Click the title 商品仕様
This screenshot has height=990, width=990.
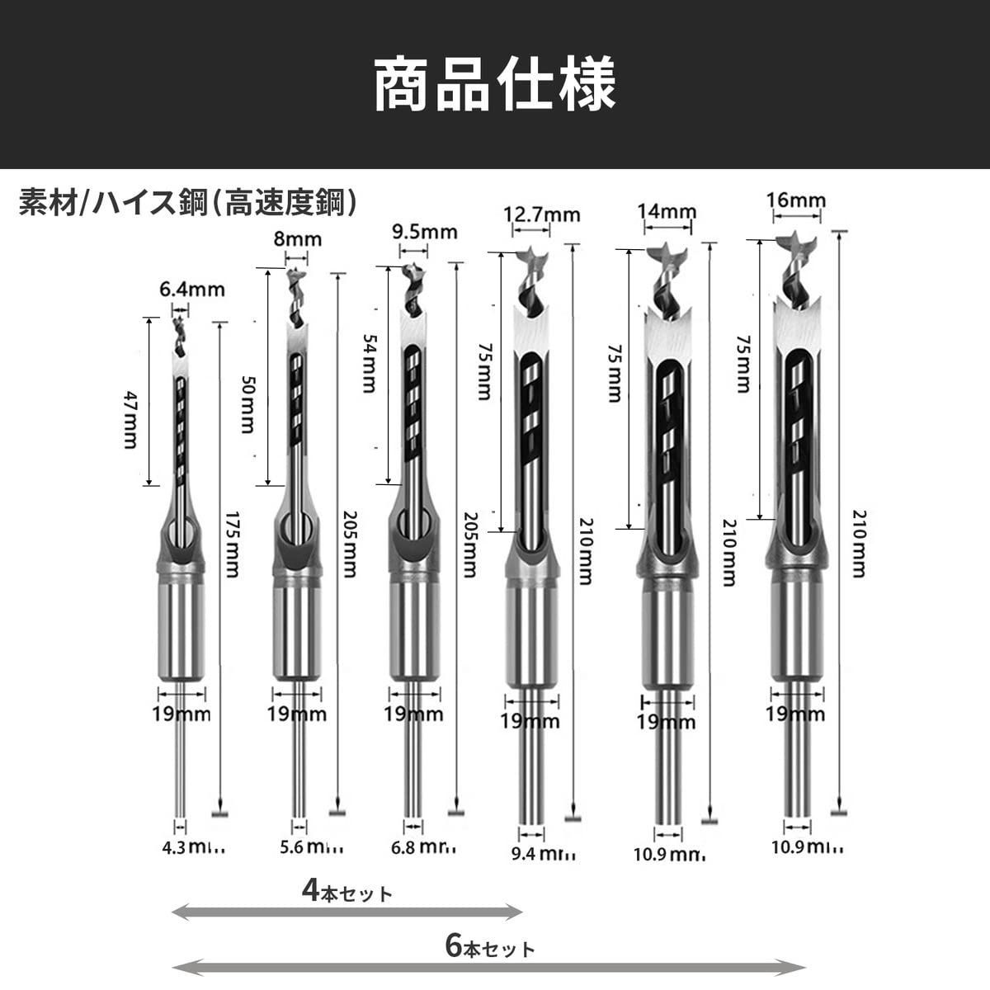495,83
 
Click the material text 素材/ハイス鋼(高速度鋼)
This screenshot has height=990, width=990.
189,202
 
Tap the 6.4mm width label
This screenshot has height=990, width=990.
192,290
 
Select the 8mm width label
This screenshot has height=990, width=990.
297,239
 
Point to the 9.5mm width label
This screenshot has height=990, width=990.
424,232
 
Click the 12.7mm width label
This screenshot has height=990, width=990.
542,214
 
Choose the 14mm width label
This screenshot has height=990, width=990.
667,211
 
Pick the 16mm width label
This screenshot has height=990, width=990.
795,200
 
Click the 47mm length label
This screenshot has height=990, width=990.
130,419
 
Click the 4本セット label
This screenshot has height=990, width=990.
347,892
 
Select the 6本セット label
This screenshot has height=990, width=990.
490,947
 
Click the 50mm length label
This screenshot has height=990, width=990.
247,404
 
